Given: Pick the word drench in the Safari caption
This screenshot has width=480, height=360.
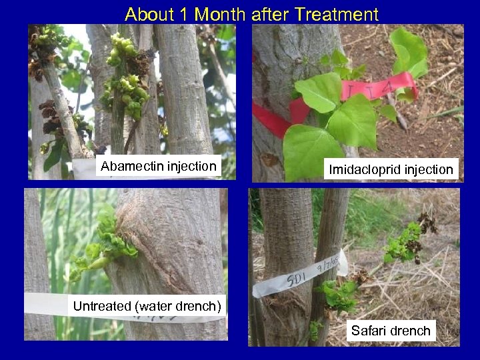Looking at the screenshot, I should click(413, 330).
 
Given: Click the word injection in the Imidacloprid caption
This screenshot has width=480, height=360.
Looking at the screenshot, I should click(429, 169).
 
